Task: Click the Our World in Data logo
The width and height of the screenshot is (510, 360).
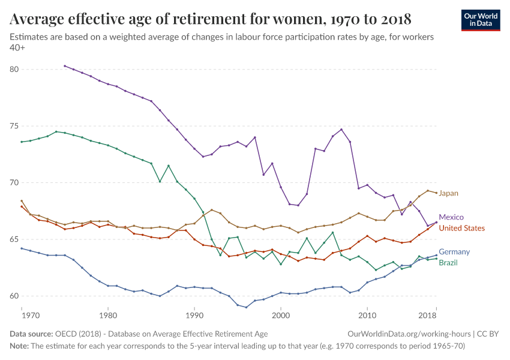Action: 480,20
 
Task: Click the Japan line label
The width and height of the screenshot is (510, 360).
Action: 448,193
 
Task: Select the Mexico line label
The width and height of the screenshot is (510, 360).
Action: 451,217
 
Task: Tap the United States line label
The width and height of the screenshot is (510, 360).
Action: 461,228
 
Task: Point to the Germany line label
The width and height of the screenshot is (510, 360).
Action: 454,252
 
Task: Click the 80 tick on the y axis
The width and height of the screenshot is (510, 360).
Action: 14,70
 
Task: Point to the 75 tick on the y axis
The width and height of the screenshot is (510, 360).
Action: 14,126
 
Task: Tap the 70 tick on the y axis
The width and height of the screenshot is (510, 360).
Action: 14,183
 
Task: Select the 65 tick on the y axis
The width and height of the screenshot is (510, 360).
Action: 14,239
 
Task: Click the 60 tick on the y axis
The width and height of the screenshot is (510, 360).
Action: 14,296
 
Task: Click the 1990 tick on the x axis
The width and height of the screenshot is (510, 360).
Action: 194,315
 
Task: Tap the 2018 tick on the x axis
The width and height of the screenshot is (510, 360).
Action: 427,315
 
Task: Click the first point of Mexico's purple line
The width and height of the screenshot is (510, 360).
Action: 65,66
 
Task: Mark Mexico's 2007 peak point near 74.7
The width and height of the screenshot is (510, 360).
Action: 341,130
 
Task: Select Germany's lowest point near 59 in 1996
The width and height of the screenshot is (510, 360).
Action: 246,307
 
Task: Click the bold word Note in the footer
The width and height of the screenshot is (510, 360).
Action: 20,346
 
